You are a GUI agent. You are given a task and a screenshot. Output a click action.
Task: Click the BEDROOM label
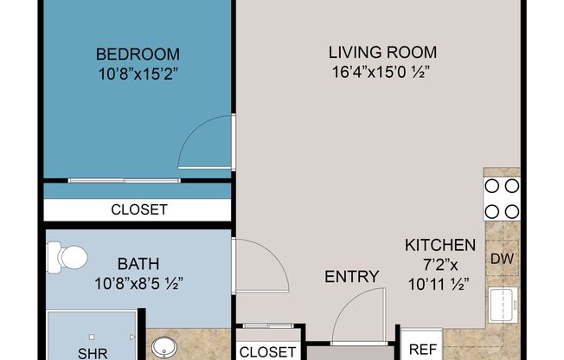pyautogui.click(x=138, y=54)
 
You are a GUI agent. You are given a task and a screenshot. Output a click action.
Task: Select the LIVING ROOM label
pyautogui.click(x=381, y=52)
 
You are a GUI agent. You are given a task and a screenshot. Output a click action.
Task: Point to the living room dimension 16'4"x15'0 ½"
pyautogui.click(x=381, y=71)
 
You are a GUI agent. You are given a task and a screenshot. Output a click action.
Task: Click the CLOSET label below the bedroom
pyautogui.click(x=138, y=209)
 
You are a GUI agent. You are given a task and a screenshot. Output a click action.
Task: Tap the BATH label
pyautogui.click(x=138, y=263)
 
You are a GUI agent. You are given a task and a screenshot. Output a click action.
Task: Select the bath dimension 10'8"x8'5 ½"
pyautogui.click(x=138, y=282)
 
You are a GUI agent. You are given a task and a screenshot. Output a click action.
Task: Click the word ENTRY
pyautogui.click(x=351, y=277)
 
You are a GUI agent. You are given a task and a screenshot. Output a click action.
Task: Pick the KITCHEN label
pyautogui.click(x=440, y=245)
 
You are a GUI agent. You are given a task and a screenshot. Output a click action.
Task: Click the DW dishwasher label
pyautogui.click(x=502, y=258)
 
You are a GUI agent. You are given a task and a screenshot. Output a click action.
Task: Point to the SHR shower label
pyautogui.click(x=93, y=353)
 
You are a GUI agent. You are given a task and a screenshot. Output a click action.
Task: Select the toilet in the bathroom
pyautogui.click(x=67, y=256)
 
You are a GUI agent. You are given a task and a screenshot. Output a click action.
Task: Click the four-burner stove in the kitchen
pyautogui.click(x=502, y=198)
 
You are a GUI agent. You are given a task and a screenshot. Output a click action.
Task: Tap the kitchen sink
pyautogui.click(x=503, y=305)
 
